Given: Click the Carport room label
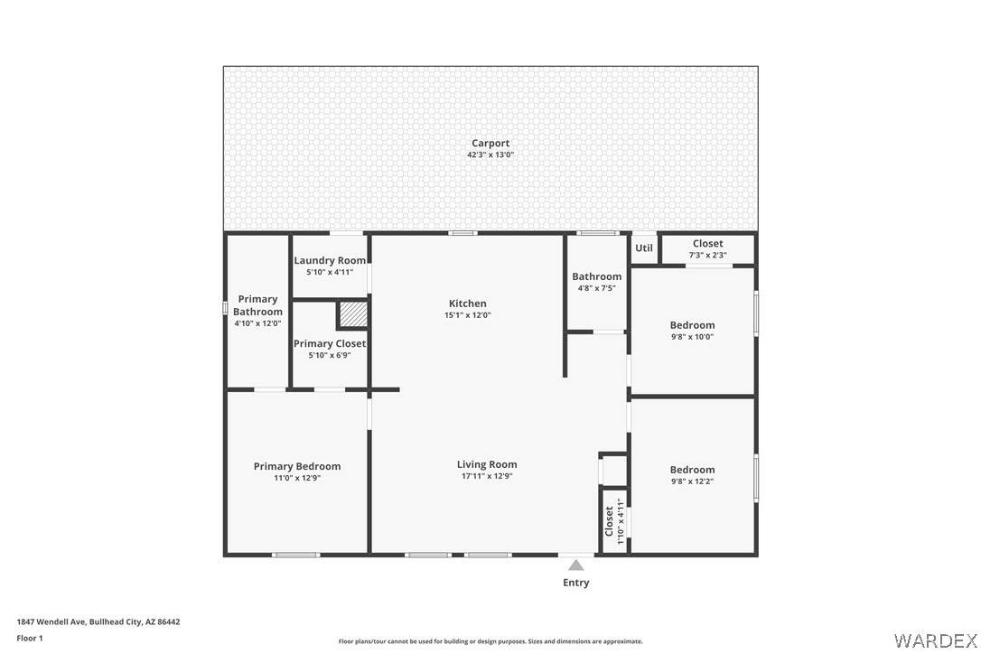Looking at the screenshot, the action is point(490,144).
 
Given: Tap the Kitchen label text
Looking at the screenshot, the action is point(467,304).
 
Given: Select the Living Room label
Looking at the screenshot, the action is point(487,464).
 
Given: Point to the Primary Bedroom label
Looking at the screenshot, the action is point(297,466).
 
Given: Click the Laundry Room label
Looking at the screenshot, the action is point(330,261).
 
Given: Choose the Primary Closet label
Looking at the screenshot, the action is point(330,343).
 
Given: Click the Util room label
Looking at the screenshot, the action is point(644,248).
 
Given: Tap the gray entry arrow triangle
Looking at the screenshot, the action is point(575,565).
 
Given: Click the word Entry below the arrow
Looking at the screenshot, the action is point(575,583).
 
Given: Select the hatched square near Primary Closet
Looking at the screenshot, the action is point(353,314).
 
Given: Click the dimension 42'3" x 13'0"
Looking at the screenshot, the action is point(490,154).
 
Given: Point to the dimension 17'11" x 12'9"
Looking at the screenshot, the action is point(487,476).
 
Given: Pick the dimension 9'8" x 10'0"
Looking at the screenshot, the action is point(692,337).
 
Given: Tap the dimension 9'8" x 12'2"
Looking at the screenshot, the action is point(692,481).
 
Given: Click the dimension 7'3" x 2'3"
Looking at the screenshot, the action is point(707,256).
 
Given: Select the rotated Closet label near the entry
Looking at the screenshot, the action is point(609,521).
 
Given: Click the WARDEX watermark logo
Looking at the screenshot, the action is point(935,640).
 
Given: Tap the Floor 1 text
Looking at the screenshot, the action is point(30,639).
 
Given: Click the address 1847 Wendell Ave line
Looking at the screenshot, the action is point(98,622).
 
